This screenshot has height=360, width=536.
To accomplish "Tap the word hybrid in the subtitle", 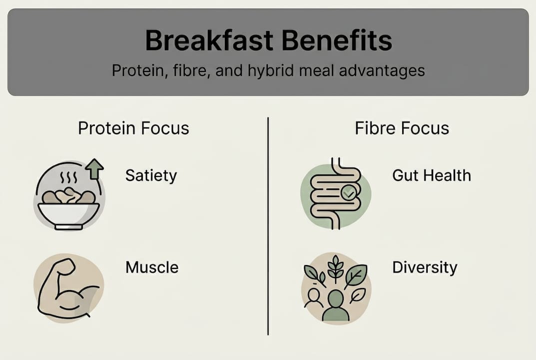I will click(x=268, y=70).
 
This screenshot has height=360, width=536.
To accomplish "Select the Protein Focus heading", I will click(x=133, y=128).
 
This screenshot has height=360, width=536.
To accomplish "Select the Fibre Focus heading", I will click(x=402, y=128).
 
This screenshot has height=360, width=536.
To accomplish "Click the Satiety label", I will click(x=151, y=175).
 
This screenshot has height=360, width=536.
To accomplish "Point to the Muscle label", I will click(x=152, y=267).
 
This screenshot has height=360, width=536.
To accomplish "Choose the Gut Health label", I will click(x=431, y=175).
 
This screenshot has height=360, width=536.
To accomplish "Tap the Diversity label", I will click(x=425, y=267).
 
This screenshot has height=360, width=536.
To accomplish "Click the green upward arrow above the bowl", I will click(x=94, y=169).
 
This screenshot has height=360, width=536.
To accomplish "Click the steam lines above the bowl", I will click(x=68, y=178).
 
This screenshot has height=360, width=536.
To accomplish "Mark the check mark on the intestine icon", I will click(x=348, y=191).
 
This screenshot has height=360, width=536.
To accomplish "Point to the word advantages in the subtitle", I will click(x=382, y=70).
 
